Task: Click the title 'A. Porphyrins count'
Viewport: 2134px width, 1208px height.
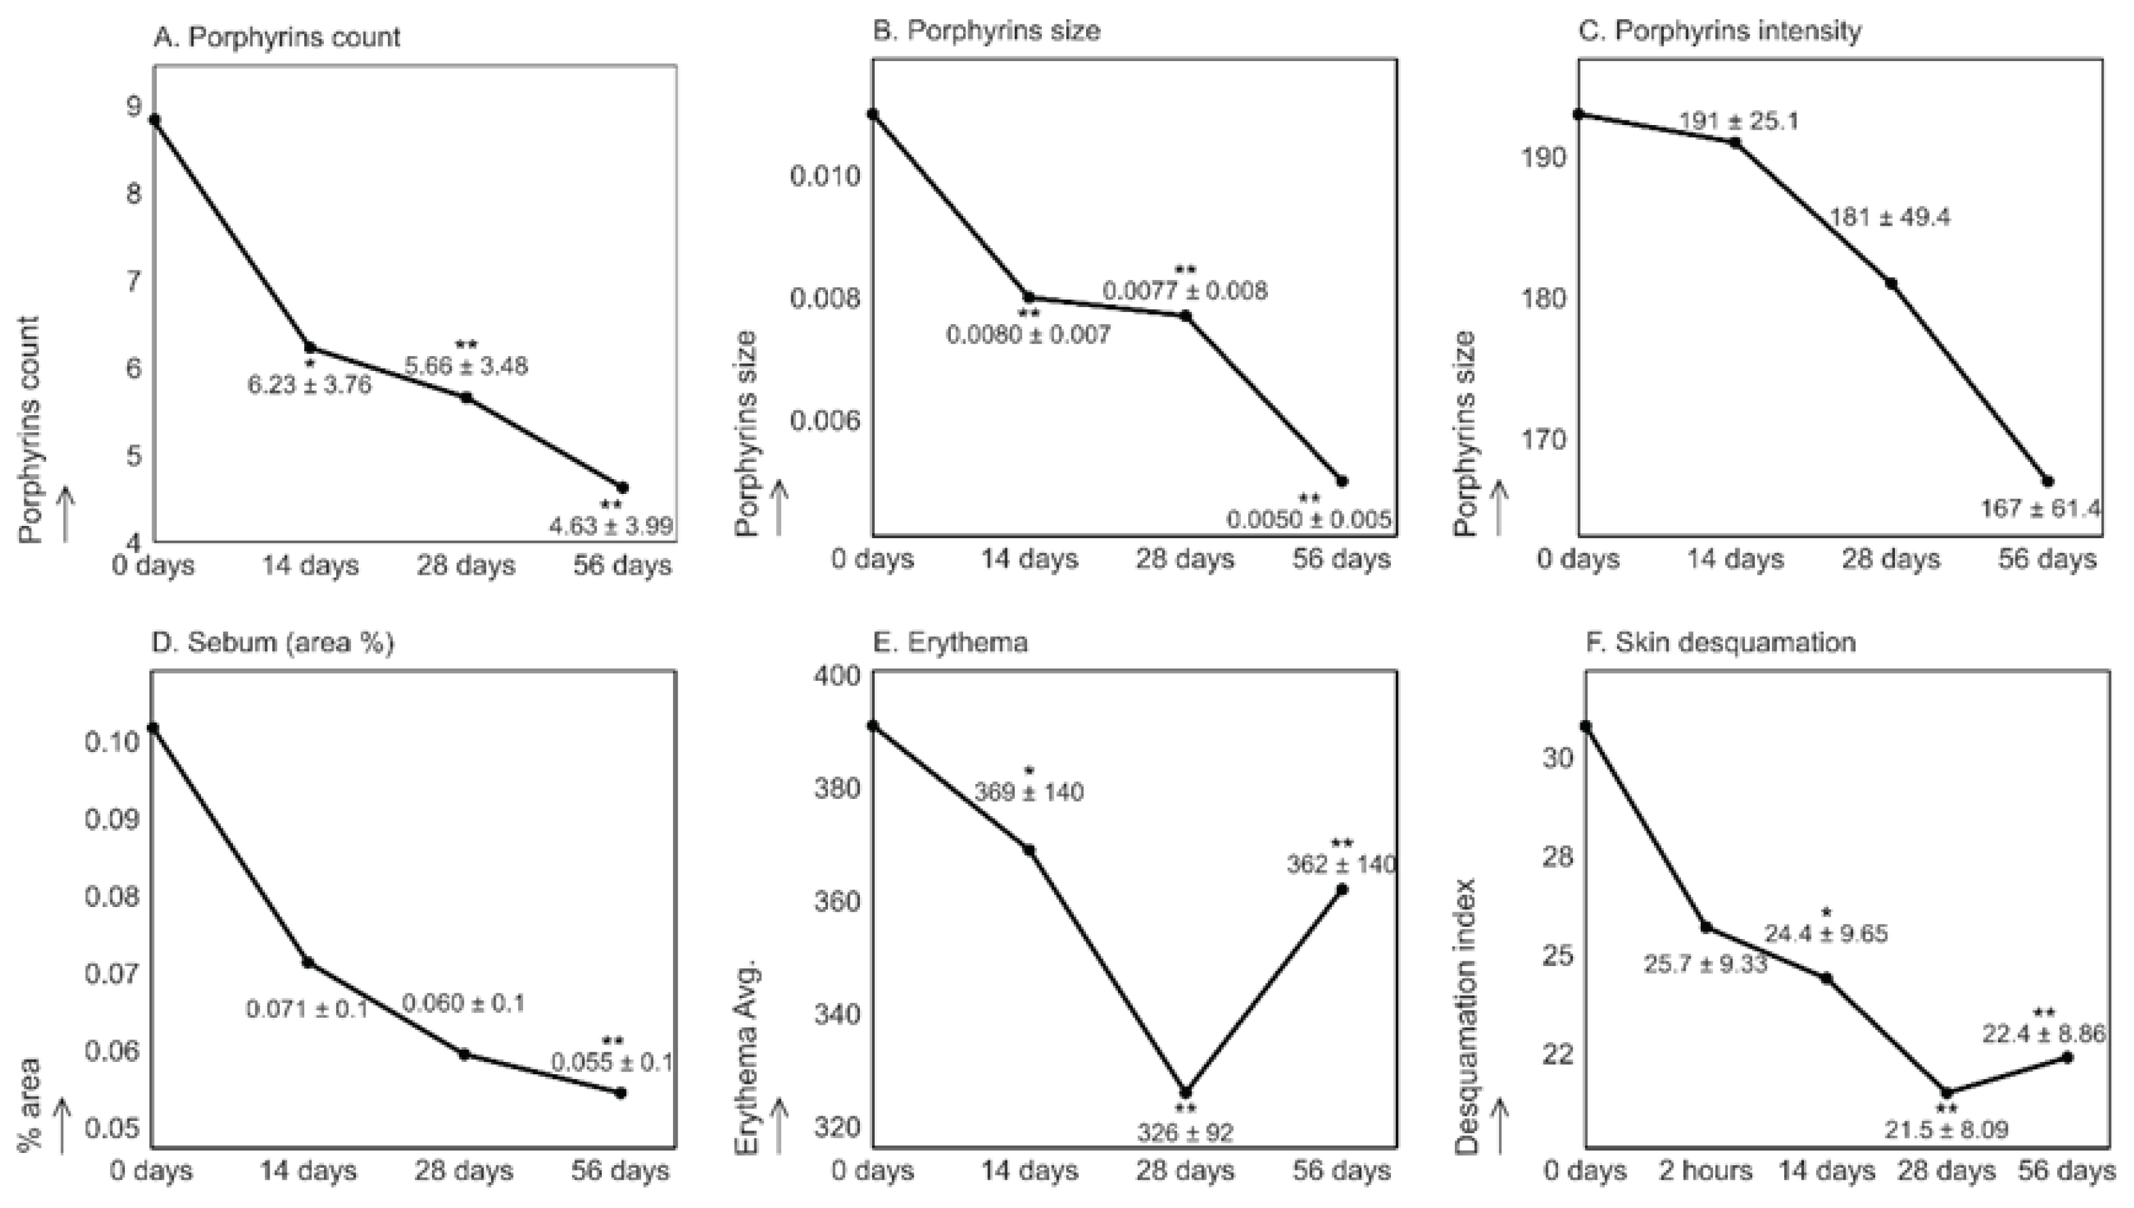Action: click(x=276, y=37)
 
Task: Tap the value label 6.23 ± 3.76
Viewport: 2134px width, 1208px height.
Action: click(x=309, y=385)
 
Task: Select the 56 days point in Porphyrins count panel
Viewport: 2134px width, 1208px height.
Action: click(x=623, y=487)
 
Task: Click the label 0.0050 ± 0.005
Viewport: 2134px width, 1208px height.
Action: click(x=1309, y=519)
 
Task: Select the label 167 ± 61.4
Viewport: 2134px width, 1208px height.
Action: click(x=2040, y=508)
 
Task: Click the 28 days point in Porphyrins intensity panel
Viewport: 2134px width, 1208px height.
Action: click(x=1891, y=283)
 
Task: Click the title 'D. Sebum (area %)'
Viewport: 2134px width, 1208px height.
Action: click(x=273, y=642)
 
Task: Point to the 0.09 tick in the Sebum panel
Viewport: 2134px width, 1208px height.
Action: click(x=112, y=819)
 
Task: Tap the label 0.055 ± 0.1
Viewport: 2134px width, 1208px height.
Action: click(x=612, y=1062)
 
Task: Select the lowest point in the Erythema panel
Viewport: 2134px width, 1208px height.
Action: click(x=1185, y=1092)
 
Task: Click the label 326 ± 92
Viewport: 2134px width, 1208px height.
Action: click(x=1184, y=1132)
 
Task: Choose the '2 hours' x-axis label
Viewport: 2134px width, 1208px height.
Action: click(x=1705, y=1171)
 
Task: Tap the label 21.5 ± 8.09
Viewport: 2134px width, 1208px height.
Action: click(x=1946, y=1129)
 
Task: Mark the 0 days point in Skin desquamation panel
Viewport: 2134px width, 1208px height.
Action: click(x=1585, y=726)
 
